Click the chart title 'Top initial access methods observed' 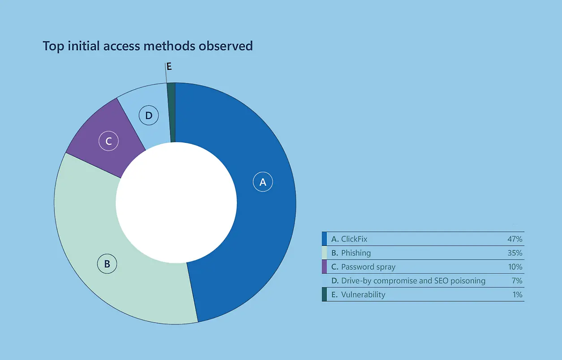[148, 46]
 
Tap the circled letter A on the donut [263, 182]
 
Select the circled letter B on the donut [107, 264]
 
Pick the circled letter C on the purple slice [108, 141]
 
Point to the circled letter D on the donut [149, 116]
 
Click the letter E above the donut [169, 66]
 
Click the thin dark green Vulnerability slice [172, 112]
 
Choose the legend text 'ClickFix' [354, 239]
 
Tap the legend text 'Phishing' [356, 253]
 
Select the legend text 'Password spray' [368, 267]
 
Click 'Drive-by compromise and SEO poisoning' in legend [413, 281]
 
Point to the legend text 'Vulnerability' [363, 295]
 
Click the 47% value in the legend [515, 239]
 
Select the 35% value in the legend [515, 253]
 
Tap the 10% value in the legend [515, 267]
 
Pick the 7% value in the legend [517, 280]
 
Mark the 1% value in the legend [517, 295]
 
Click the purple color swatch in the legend [324, 267]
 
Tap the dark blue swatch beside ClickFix [324, 239]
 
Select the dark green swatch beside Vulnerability [324, 295]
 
